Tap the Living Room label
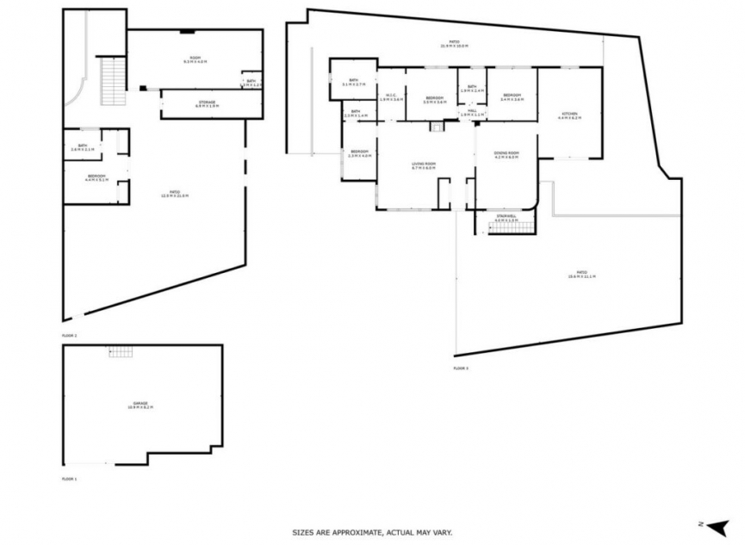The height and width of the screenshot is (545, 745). click(x=424, y=165)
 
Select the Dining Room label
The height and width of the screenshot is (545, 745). click(x=506, y=155)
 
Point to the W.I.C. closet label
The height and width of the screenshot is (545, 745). click(x=391, y=96)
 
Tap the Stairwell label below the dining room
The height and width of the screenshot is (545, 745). click(x=506, y=218)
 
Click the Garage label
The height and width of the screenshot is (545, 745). click(x=140, y=405)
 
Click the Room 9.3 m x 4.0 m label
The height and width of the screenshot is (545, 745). click(x=195, y=60)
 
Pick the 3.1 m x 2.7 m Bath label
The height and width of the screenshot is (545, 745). click(x=353, y=82)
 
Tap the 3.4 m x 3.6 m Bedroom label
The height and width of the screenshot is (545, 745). click(x=512, y=97)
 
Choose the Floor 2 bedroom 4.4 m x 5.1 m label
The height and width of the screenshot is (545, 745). click(x=96, y=178)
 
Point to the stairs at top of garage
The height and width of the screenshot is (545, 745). click(x=121, y=352)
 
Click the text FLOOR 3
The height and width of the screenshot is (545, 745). click(x=461, y=368)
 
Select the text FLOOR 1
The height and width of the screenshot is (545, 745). click(x=70, y=478)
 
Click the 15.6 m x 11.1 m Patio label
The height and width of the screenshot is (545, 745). click(x=581, y=275)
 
